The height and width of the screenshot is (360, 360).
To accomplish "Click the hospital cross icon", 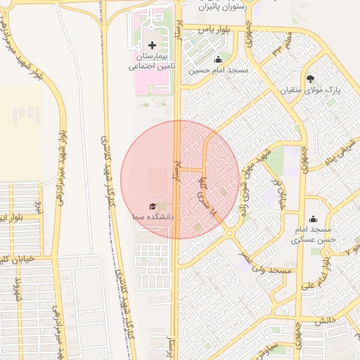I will (x=153, y=45).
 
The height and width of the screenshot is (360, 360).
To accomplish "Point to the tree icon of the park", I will (x=311, y=78).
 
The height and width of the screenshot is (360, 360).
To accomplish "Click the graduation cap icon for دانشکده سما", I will (x=153, y=206).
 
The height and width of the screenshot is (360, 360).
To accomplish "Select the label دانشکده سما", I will (x=153, y=218).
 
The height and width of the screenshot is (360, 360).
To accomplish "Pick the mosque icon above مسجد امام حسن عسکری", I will (x=313, y=219).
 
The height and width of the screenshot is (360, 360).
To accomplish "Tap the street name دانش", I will (x=322, y=320).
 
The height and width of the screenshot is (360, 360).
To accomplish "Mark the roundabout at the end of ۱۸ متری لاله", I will (x=229, y=231).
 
